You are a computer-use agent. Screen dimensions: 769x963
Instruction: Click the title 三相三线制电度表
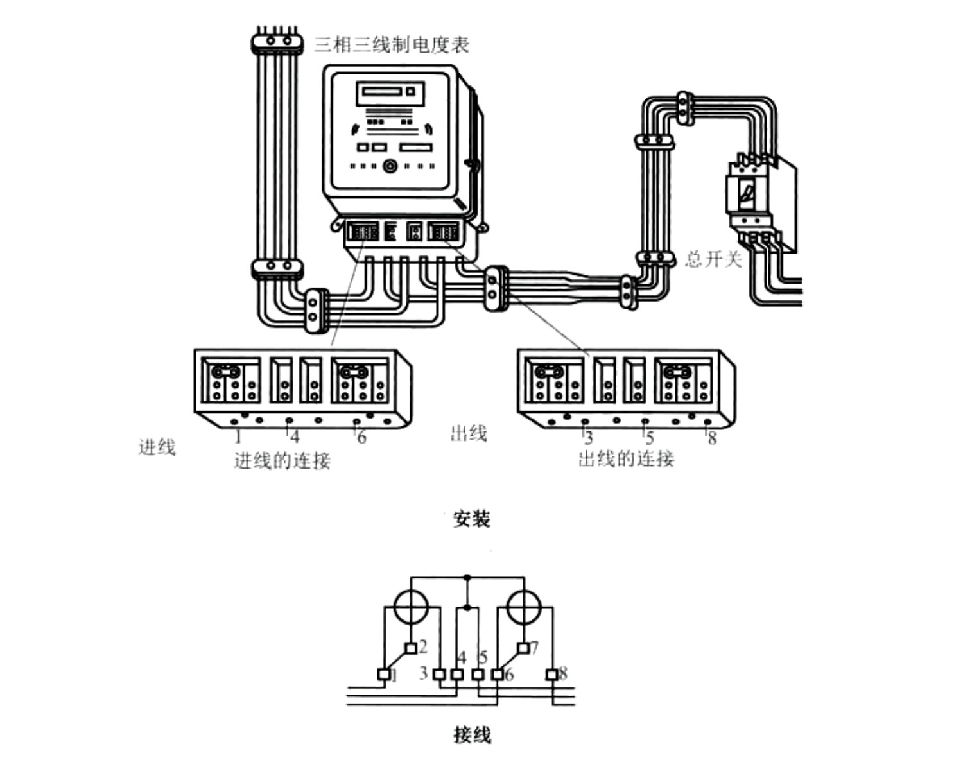coord(391,45)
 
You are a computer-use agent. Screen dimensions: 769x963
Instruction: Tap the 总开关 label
coord(713,259)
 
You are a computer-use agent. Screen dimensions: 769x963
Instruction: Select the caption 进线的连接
coord(282,460)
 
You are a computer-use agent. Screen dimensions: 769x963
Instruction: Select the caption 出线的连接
coord(626,458)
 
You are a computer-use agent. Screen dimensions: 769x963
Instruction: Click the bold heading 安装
coord(472,519)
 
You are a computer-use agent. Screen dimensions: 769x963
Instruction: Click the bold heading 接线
coord(472,734)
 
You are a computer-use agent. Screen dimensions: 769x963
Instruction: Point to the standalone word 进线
coord(157,447)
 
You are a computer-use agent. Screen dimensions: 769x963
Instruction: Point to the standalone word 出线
coord(468,433)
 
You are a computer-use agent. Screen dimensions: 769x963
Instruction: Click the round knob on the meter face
coord(390,166)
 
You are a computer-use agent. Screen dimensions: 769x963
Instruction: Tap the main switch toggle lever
coord(747,191)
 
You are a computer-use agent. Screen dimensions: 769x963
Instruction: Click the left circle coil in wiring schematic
coord(411,607)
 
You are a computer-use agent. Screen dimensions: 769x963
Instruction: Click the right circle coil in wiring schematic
coord(523,607)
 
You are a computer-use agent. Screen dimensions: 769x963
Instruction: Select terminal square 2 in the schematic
coord(411,648)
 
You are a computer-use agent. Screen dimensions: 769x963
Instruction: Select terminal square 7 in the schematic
coord(523,648)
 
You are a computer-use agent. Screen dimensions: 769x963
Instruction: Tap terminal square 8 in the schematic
coord(551,675)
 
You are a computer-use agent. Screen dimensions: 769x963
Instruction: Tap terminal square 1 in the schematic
coord(383,675)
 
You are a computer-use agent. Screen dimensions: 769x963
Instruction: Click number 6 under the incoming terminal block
coord(362,438)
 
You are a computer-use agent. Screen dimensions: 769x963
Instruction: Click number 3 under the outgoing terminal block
coord(588,439)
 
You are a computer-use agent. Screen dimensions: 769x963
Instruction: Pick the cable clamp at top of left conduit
coord(277,42)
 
